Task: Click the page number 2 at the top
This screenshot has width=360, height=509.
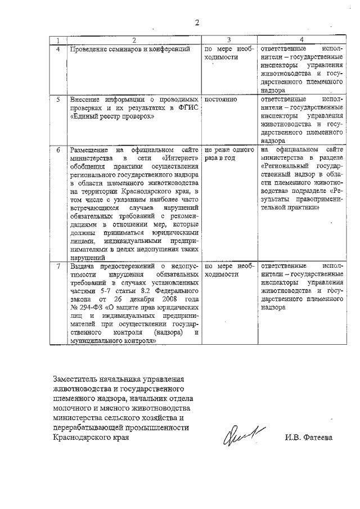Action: coord(197,23)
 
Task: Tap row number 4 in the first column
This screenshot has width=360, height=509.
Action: coord(57,49)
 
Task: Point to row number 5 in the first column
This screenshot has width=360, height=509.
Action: coord(57,100)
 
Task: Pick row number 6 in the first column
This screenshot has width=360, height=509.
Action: coord(57,150)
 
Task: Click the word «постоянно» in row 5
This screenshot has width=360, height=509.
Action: coord(221,100)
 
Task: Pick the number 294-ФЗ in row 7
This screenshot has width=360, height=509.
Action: coord(86,308)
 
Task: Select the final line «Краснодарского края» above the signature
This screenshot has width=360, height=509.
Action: coord(87,439)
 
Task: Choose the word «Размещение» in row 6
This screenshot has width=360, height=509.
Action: coord(88,150)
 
